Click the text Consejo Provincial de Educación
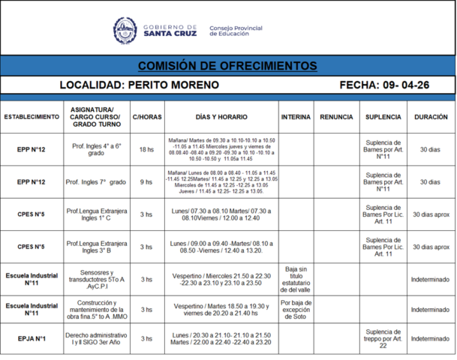[x=236, y=31]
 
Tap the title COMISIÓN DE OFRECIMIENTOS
[x=227, y=66]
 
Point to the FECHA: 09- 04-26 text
[x=384, y=85]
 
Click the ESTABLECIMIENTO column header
[x=32, y=118]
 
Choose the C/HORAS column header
[x=146, y=118]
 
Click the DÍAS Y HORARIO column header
[x=221, y=118]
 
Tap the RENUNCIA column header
[x=336, y=118]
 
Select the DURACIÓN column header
[x=430, y=118]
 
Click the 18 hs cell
[x=146, y=150]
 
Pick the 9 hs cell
[x=146, y=181]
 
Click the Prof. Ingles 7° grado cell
[x=96, y=181]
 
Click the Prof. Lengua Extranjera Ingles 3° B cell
[x=96, y=246]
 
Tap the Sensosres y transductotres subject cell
[x=96, y=278]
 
